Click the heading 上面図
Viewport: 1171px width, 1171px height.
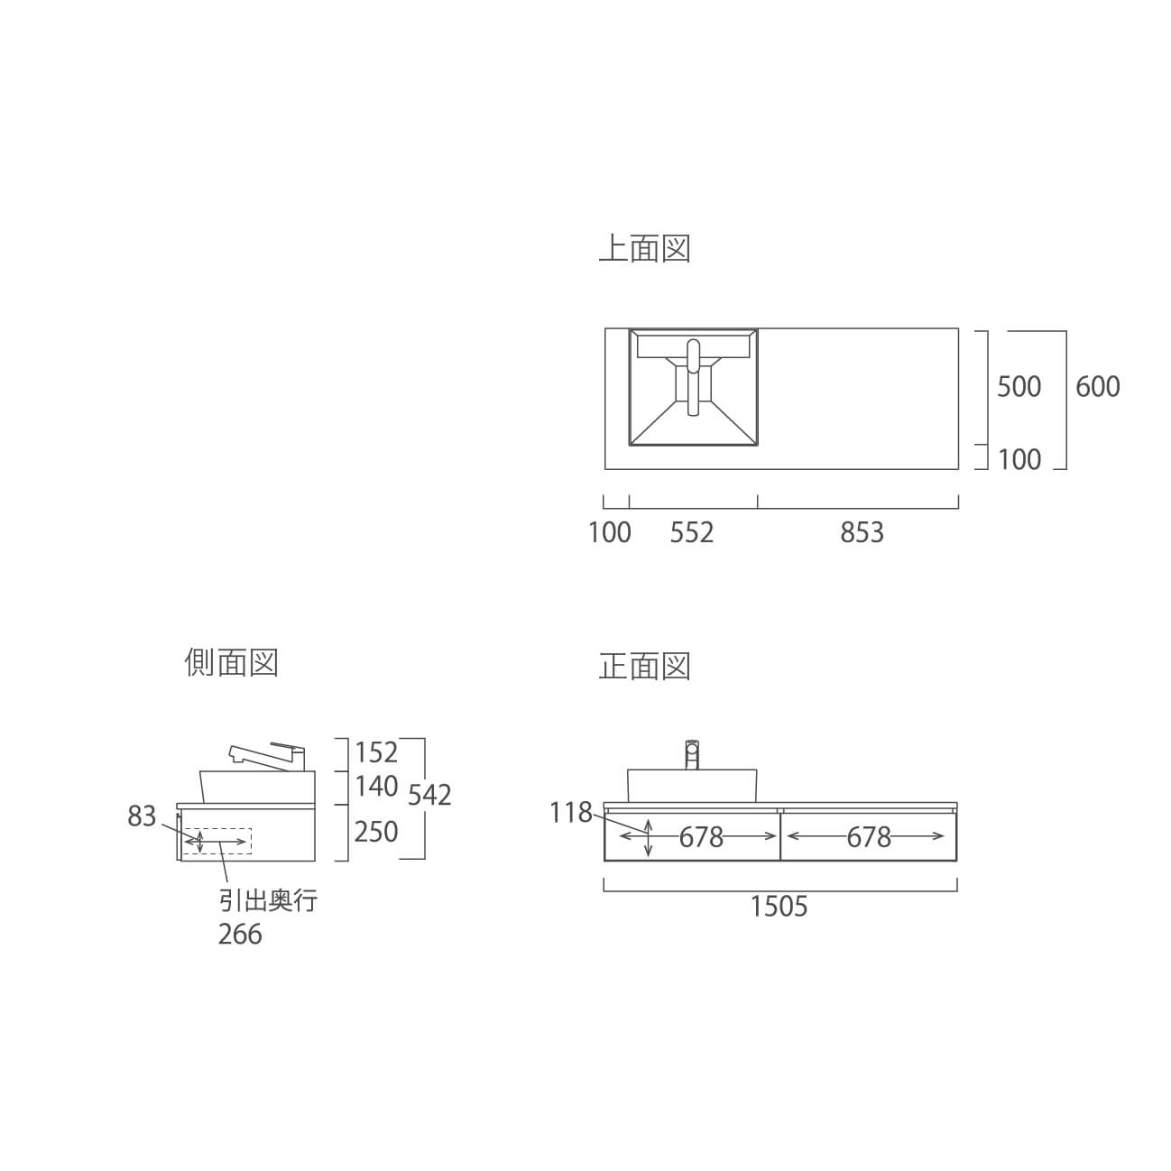[x=645, y=249]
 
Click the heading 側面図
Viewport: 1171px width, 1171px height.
[x=232, y=662]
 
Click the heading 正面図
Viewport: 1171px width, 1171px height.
[x=645, y=666]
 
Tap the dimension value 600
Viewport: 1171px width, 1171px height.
[x=1097, y=386]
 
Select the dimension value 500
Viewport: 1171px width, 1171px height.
[x=1019, y=386]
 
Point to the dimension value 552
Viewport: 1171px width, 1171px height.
[x=692, y=532]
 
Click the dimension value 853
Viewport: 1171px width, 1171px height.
[x=862, y=532]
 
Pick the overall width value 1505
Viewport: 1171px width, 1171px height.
[x=779, y=906]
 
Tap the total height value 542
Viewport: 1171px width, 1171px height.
[x=429, y=795]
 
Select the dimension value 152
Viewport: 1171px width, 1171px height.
[x=376, y=752]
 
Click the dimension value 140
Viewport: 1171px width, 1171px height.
[x=376, y=787]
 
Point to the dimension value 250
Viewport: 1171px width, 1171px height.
[x=376, y=832]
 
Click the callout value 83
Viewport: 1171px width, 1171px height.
[x=142, y=816]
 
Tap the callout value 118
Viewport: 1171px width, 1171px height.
[x=570, y=813]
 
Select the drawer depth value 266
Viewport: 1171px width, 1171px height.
[x=240, y=934]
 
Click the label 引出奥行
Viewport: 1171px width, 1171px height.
[x=268, y=900]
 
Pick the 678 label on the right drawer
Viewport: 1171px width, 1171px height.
[x=869, y=837]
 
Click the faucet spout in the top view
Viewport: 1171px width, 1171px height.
[x=694, y=377]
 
